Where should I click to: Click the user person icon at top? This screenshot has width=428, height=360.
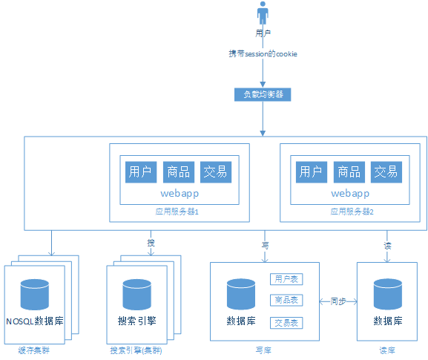(262, 14)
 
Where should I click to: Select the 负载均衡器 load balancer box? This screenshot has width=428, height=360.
(262, 94)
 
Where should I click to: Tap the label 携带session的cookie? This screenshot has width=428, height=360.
(263, 54)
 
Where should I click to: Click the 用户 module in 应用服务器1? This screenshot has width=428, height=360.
(140, 172)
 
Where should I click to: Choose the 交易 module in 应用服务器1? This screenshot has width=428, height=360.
(216, 172)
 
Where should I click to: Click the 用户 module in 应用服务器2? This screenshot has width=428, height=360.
(311, 172)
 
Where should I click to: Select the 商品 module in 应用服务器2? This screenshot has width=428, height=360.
(349, 172)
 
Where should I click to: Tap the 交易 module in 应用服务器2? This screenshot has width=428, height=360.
(386, 172)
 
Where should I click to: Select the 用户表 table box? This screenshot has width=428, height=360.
(286, 279)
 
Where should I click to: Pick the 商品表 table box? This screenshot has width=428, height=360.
(286, 301)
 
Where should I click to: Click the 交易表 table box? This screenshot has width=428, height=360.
(286, 323)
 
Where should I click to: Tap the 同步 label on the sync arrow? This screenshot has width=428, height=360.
(338, 301)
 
